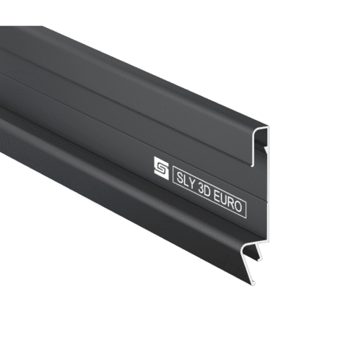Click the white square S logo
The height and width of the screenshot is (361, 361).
tap(161, 168)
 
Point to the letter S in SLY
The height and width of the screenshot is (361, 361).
tap(179, 178)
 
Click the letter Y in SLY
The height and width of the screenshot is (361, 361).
tap(191, 184)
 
